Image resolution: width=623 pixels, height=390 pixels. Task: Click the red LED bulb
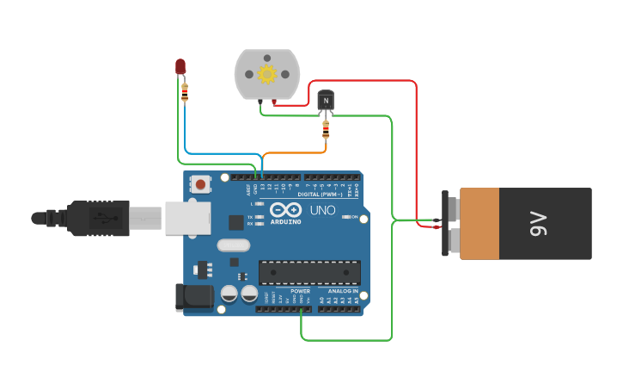[x=180, y=65]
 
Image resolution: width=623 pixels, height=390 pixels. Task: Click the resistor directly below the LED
[x=185, y=91]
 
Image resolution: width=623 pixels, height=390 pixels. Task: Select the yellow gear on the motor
[x=266, y=74]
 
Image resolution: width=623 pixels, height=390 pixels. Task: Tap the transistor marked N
[x=326, y=101]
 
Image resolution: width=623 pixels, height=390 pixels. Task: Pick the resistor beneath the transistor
[x=325, y=130]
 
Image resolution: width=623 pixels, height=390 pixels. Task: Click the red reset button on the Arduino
[x=201, y=183]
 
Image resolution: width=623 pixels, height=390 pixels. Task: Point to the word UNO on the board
[x=322, y=210]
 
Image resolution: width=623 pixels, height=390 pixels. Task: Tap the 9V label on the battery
[x=539, y=224]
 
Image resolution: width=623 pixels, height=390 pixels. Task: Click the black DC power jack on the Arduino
[x=193, y=297]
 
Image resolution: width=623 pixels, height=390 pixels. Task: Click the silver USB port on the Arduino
[x=187, y=218]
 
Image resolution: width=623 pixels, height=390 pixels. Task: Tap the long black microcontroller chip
[x=309, y=272]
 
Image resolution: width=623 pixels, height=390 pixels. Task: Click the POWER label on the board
[x=300, y=291]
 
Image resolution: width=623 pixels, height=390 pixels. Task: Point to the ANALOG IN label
[x=342, y=291]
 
